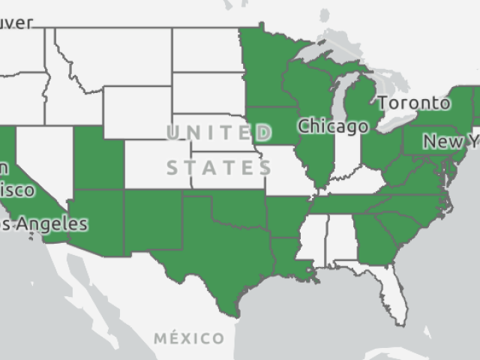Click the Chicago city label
[x=333, y=126]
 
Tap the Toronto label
[x=414, y=103]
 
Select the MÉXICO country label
[x=189, y=338]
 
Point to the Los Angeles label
[x=45, y=223]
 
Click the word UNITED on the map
[x=219, y=134]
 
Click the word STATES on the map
[x=219, y=166]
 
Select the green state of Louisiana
[x=289, y=259]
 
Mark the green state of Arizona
[x=97, y=221]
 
